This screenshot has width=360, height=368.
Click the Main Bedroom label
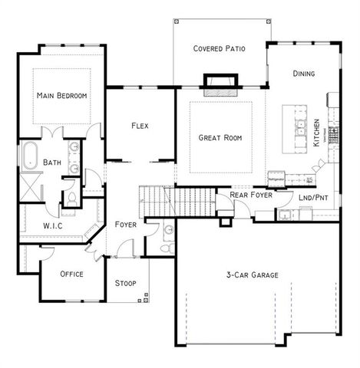coord(62,96)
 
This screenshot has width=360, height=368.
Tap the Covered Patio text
coord(220,48)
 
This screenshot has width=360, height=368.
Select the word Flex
coord(140,126)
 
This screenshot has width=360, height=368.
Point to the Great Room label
coord(220,139)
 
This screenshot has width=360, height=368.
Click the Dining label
coord(304,74)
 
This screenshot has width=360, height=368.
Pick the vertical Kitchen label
coord(317,132)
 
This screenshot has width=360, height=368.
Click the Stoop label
coord(126,284)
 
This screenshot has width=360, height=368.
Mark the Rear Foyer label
coord(249,195)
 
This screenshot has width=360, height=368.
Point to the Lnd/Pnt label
coord(314,196)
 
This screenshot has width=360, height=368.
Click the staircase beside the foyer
coord(177,201)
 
